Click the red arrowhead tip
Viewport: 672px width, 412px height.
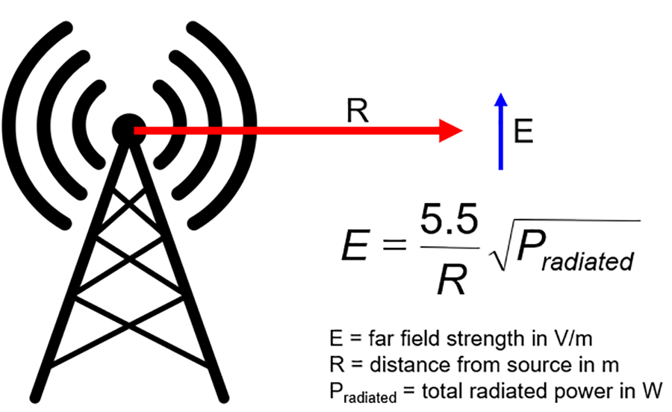click(461, 131)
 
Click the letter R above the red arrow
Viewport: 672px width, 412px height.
click(356, 112)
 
